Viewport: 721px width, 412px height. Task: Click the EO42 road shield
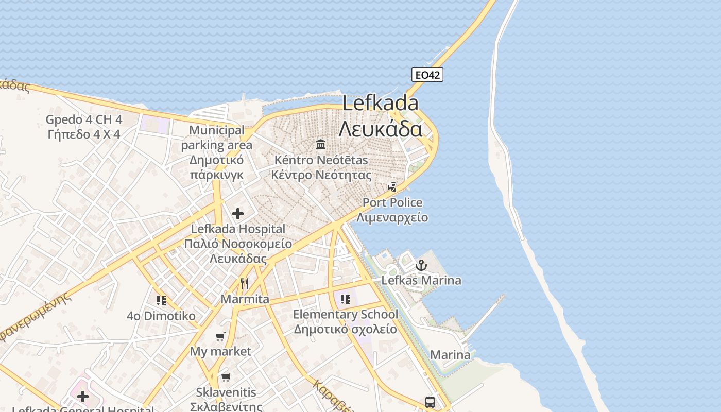(427, 75)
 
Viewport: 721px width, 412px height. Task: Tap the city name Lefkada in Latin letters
(381, 104)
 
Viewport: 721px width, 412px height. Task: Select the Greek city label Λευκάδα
(381, 129)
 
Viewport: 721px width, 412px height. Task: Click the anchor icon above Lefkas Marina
(421, 265)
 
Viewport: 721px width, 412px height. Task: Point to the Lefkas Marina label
(421, 281)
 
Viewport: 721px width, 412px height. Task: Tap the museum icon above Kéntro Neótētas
(321, 144)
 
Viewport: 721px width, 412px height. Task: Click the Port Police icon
(392, 187)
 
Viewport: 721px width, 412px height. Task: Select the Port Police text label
(392, 202)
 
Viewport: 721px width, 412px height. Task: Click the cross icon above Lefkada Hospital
(238, 213)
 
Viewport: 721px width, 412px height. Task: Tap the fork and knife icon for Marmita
(245, 284)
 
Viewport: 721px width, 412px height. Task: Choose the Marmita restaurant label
(245, 299)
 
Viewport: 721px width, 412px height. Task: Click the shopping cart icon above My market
(220, 337)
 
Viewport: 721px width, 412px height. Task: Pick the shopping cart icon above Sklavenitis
(226, 377)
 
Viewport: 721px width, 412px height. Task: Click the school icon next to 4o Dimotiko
(161, 300)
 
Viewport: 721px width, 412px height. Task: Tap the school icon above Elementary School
(345, 299)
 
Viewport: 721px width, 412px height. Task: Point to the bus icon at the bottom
(430, 402)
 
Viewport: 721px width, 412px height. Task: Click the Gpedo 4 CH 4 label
(84, 119)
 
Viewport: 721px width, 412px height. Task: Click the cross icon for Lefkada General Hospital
(82, 396)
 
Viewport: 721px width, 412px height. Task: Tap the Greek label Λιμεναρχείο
(392, 217)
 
